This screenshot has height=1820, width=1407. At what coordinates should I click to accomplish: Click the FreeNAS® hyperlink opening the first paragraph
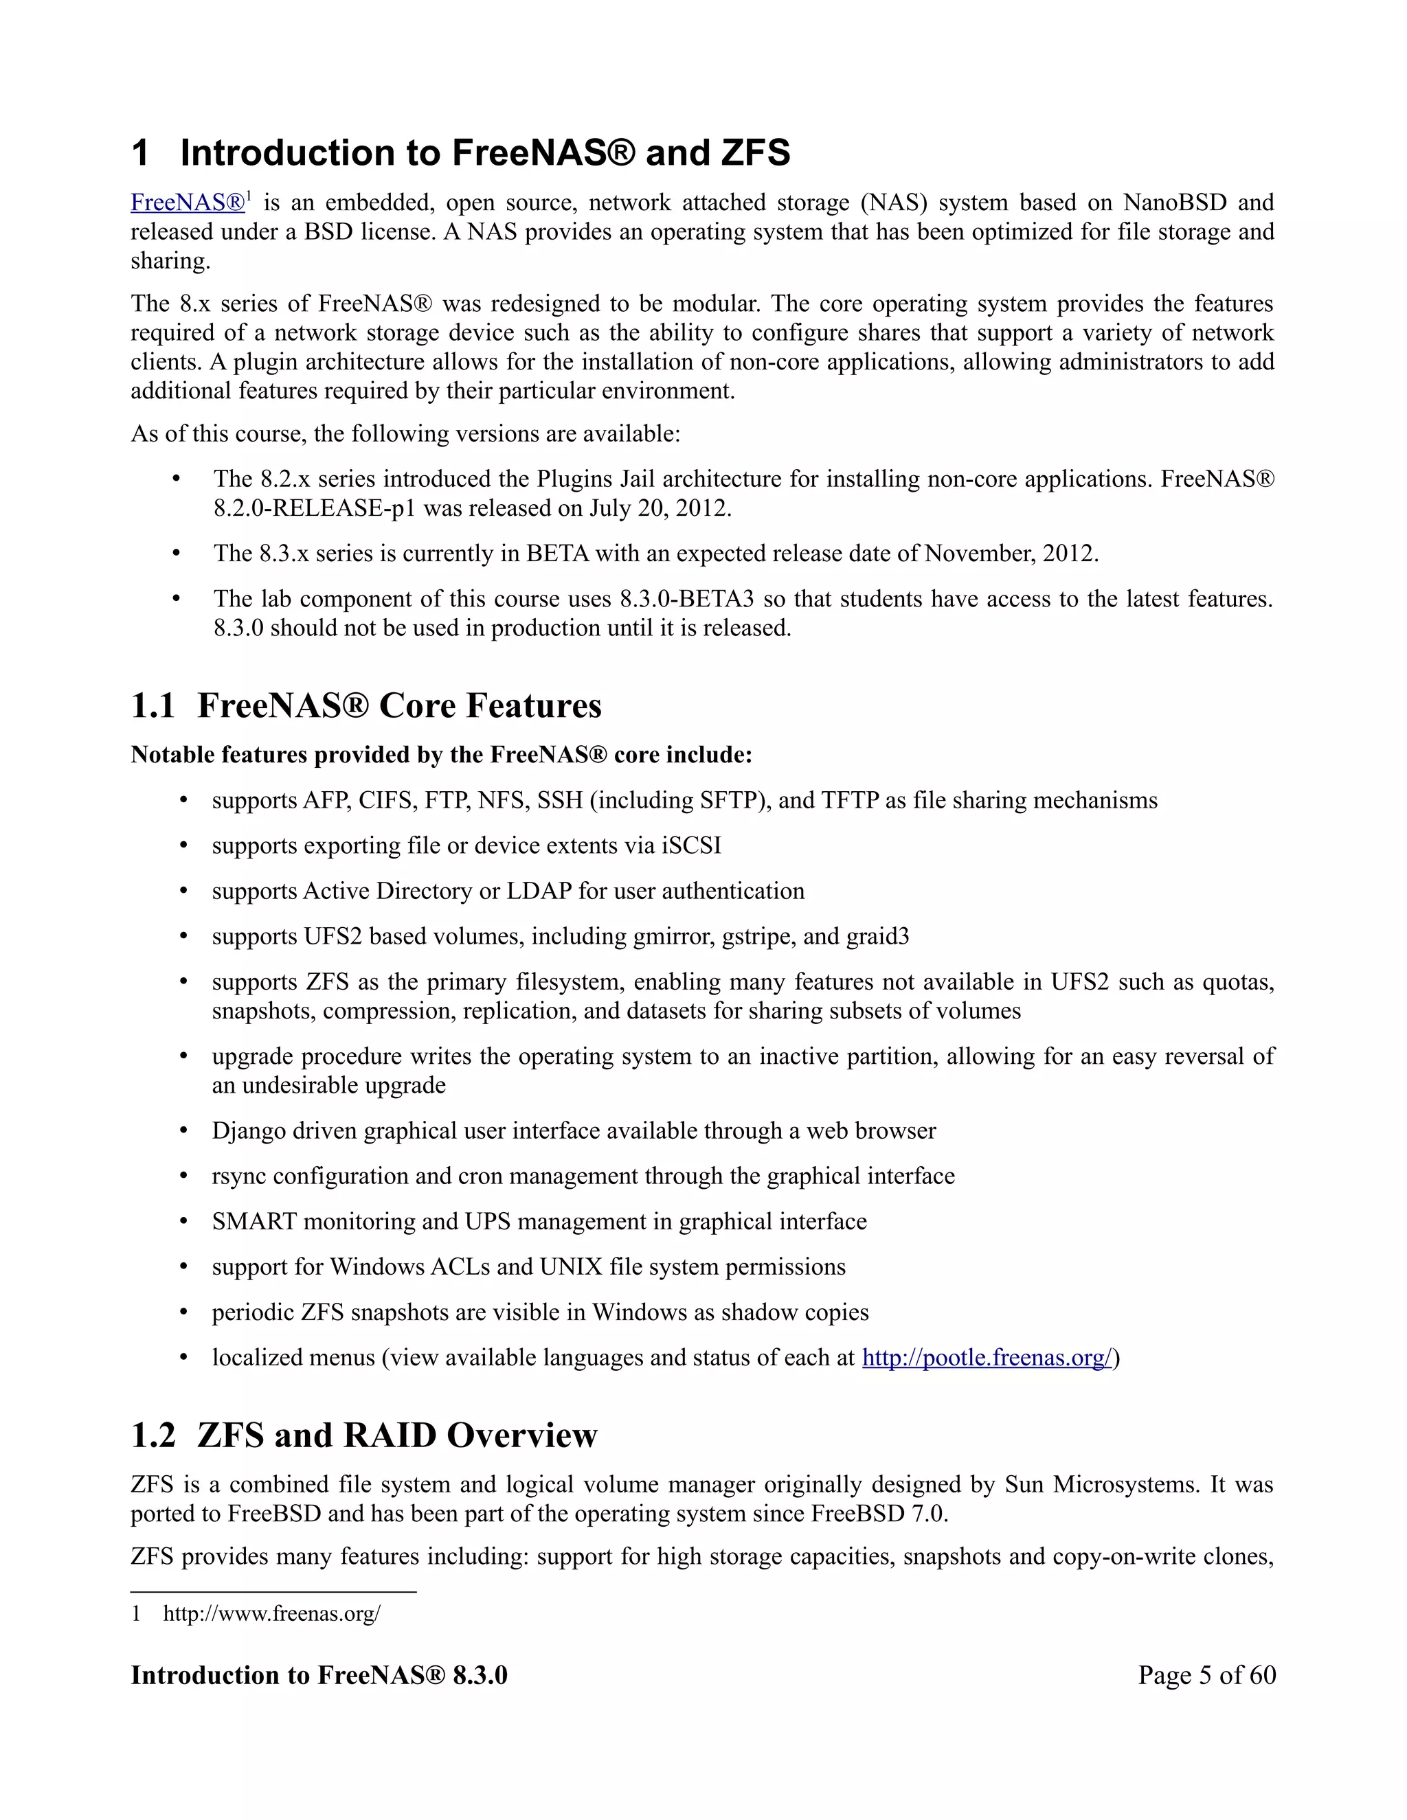(188, 203)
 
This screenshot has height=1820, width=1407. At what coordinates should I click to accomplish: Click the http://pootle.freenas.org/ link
(987, 1358)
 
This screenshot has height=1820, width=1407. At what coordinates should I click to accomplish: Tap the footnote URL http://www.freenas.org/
(272, 1613)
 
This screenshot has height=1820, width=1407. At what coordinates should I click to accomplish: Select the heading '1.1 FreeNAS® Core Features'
(366, 706)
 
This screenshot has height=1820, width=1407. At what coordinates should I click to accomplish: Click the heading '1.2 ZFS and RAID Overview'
(364, 1435)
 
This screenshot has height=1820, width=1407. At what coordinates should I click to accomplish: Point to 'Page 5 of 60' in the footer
(1206, 1675)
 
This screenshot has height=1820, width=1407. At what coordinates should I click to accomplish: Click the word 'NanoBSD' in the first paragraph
(1173, 203)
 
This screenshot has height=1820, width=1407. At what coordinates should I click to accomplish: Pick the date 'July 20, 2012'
(660, 508)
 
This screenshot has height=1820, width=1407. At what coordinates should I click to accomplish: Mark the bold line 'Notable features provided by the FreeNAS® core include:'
(441, 754)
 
